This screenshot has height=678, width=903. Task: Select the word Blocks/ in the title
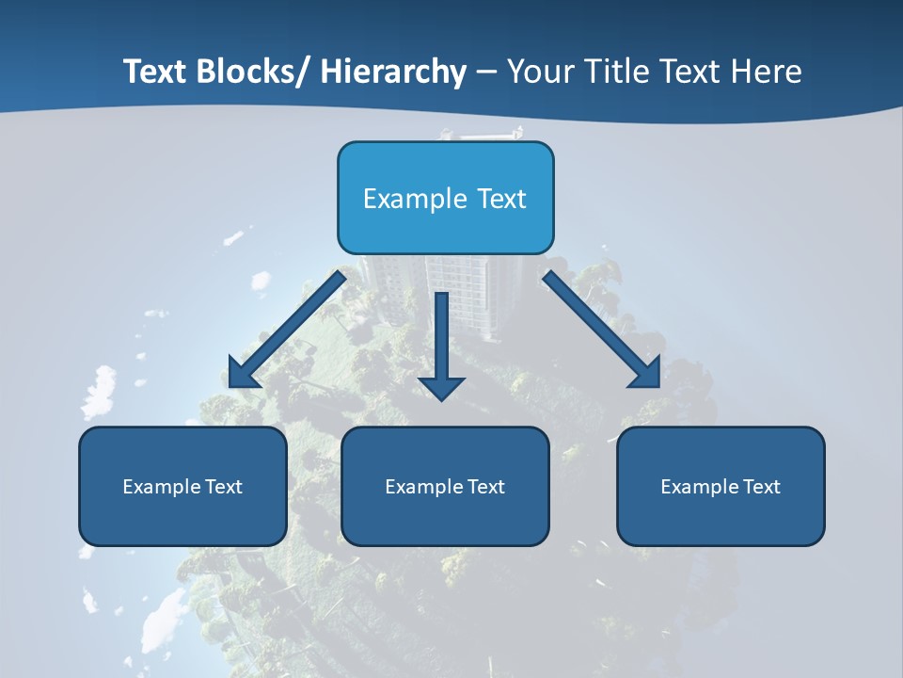click(x=251, y=72)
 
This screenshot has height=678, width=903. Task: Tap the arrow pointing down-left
click(x=287, y=330)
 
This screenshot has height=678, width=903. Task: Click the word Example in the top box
click(x=402, y=199)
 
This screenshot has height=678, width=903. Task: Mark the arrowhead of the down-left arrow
click(x=243, y=374)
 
